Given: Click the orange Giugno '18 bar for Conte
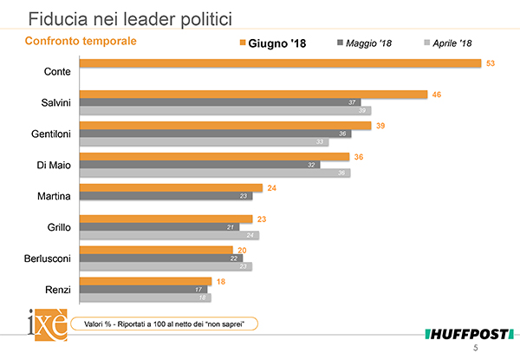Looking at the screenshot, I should click(280, 62).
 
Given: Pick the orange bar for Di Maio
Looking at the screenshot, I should click(214, 156).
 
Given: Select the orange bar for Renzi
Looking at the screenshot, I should click(147, 280).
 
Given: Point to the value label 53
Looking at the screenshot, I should click(491, 62).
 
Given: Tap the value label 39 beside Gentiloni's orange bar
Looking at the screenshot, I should click(380, 125).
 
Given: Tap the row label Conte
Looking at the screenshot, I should click(57, 71).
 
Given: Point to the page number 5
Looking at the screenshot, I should click(498, 348).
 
